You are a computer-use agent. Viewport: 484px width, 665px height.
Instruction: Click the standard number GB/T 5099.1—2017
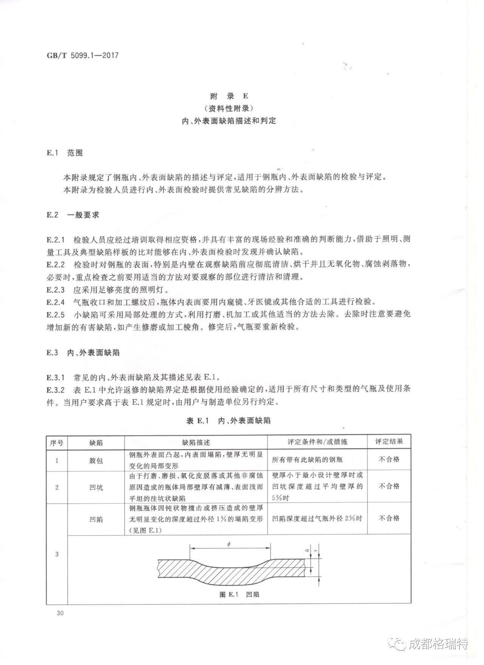(x=82, y=55)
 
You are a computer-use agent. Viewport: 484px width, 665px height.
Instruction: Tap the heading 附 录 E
(x=229, y=96)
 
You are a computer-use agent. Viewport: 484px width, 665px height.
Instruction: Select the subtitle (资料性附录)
(x=229, y=108)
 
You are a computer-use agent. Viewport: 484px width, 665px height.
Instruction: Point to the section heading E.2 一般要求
(x=73, y=215)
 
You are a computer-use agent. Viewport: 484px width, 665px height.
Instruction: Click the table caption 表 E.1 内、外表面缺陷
(x=229, y=421)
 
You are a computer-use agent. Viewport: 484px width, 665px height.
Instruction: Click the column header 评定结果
(x=389, y=441)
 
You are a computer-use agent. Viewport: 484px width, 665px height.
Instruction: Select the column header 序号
(x=57, y=442)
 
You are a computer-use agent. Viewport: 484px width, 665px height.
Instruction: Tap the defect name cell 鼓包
(x=96, y=461)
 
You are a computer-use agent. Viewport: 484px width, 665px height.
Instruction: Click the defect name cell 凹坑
(x=96, y=487)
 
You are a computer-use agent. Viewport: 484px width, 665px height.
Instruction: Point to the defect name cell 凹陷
(x=96, y=519)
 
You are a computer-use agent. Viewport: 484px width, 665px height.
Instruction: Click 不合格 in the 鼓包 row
(x=389, y=459)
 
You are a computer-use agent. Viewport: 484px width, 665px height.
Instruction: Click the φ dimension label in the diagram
(x=230, y=544)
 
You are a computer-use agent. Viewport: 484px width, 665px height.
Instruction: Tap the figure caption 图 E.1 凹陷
(x=239, y=594)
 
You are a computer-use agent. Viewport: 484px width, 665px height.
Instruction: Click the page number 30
(x=59, y=613)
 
